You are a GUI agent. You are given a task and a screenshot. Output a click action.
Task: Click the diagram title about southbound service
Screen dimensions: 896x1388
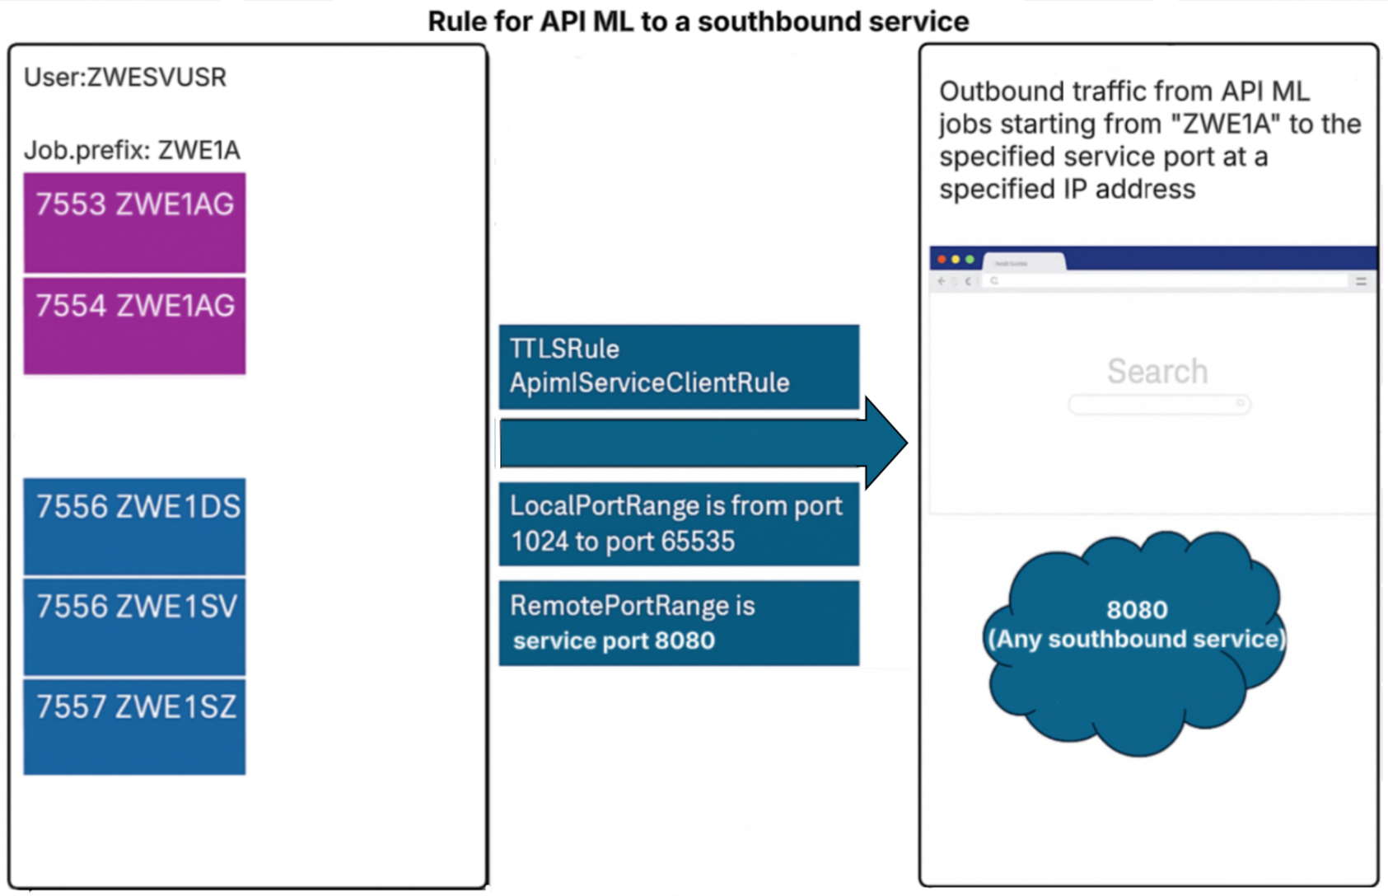coord(698,21)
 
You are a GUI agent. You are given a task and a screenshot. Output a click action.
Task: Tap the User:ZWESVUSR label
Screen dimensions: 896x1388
coord(125,77)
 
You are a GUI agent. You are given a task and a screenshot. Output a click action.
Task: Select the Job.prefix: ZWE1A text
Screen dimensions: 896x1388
coord(132,151)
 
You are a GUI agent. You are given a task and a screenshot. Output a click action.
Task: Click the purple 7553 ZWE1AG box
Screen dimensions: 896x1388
coord(134,223)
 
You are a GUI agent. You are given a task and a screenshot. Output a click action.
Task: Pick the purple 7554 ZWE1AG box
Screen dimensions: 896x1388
coord(134,326)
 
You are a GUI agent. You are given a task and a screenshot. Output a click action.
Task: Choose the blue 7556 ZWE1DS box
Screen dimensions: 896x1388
coord(134,526)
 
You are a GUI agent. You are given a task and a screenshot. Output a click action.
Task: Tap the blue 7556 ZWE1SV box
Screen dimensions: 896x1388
coord(134,626)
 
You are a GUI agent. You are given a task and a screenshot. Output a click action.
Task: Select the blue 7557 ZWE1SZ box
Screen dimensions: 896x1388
coord(134,726)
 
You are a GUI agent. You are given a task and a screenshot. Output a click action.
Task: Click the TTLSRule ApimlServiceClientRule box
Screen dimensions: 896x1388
coord(679,367)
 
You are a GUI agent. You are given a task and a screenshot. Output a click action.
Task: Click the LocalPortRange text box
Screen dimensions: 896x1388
coord(679,524)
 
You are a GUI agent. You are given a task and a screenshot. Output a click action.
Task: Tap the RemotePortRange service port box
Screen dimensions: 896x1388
coord(679,624)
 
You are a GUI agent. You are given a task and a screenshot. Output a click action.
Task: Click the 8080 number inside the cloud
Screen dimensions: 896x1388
coord(1137,610)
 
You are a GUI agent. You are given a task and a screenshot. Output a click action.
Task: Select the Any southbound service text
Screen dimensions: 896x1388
coord(1137,640)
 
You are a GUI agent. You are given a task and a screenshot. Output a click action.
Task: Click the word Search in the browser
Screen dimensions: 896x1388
coord(1157,372)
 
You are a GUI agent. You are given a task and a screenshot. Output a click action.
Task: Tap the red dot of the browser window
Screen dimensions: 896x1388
coord(942,260)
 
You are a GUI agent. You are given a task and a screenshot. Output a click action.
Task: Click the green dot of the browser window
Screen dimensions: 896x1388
coord(970,260)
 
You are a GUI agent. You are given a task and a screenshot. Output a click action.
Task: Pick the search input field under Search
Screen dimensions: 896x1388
coord(1159,404)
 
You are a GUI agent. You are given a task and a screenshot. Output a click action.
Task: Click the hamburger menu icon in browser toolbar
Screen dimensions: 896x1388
coord(1361,281)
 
